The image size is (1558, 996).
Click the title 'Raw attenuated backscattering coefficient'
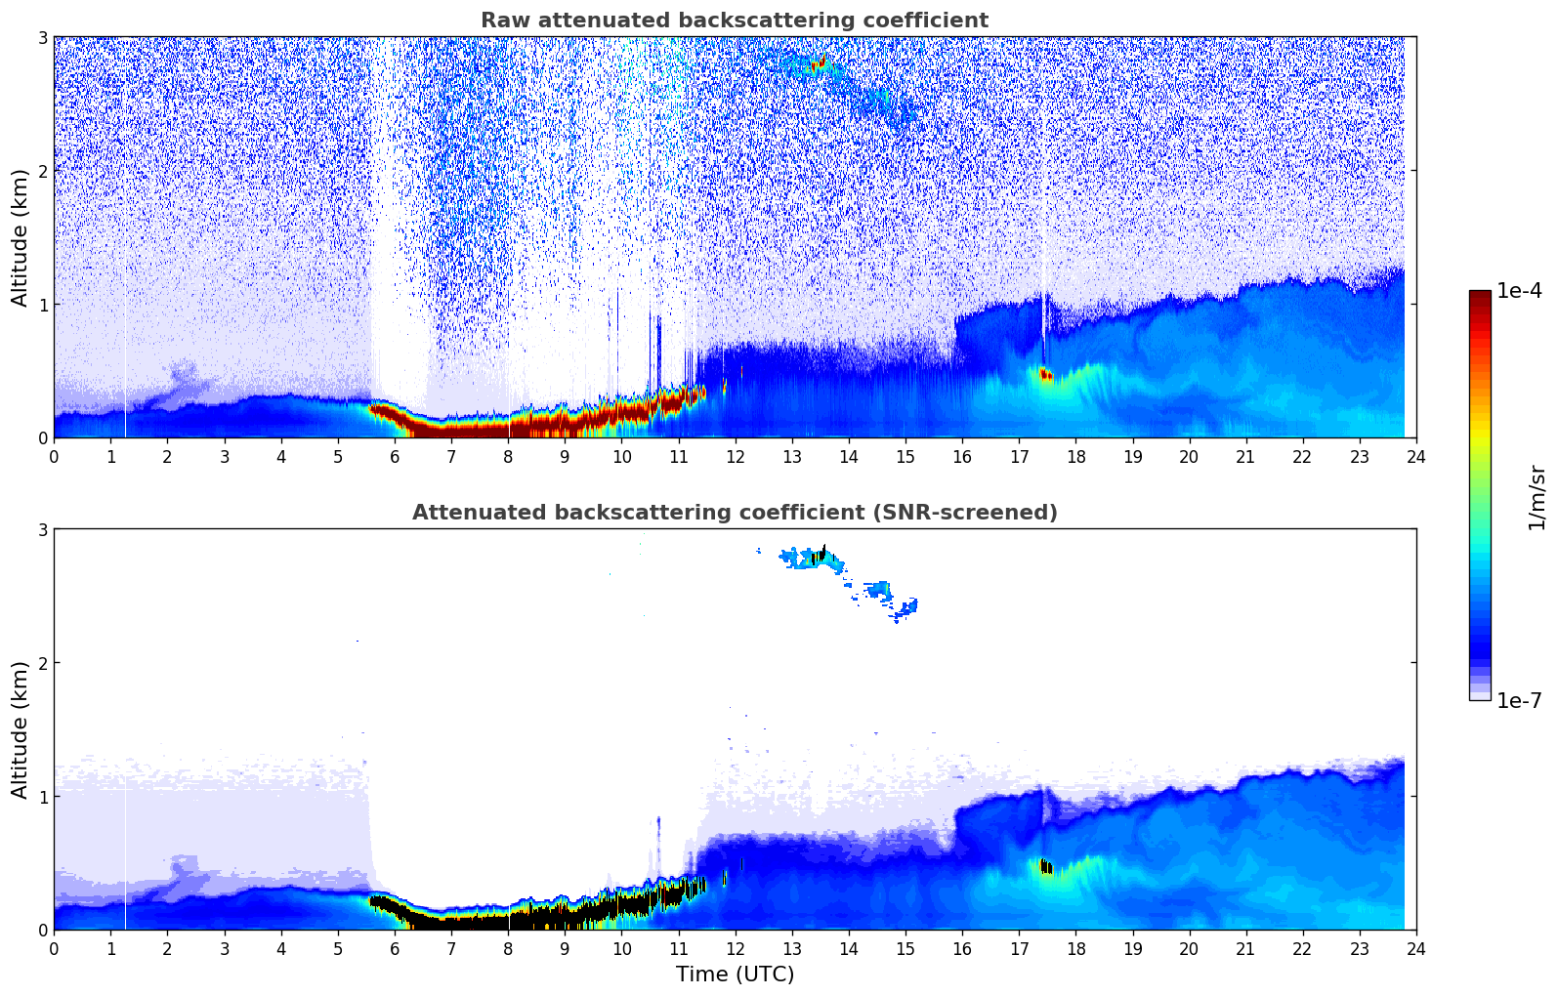(x=734, y=21)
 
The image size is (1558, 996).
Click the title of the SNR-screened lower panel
(x=734, y=513)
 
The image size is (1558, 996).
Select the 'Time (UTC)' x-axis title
(x=735, y=974)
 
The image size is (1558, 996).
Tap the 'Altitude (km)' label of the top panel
(x=20, y=237)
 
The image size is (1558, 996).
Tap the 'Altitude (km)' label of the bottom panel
(x=20, y=729)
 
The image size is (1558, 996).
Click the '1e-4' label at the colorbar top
(x=1519, y=291)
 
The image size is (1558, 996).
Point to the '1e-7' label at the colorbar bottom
(x=1519, y=700)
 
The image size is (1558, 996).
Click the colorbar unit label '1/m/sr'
(x=1537, y=497)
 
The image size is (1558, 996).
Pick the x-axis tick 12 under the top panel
(x=735, y=456)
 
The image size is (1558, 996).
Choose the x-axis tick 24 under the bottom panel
(x=1415, y=948)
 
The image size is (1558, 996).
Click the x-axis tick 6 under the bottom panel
(x=395, y=948)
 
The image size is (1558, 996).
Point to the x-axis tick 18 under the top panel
(x=1075, y=456)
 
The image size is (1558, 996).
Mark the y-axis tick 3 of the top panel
(x=42, y=37)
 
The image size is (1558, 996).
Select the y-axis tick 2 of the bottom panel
(x=42, y=663)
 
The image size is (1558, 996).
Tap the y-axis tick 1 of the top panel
(x=42, y=305)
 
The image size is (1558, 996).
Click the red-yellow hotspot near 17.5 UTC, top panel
(x=1046, y=375)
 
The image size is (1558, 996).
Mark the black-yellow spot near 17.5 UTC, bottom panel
(x=1046, y=867)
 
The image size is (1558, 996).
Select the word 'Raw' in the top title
(x=501, y=21)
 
